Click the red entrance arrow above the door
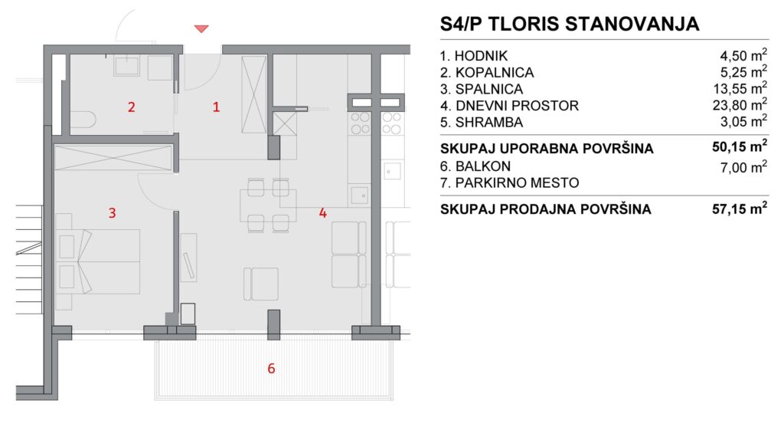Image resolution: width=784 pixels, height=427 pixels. (x=201, y=28)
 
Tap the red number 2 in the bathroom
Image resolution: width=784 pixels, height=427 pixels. (x=131, y=107)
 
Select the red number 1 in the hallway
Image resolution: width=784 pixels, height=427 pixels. (x=216, y=107)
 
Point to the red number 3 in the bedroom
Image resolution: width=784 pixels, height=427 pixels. (x=112, y=213)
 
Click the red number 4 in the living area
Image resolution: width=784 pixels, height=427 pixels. (x=322, y=213)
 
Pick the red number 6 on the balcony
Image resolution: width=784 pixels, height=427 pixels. (x=271, y=369)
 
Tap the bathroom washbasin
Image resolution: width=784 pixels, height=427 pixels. (x=126, y=66)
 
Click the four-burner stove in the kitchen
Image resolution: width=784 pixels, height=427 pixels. (x=360, y=123)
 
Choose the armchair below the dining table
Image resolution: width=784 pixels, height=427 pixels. (x=261, y=284)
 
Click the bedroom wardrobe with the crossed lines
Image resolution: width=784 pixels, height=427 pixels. (x=113, y=158)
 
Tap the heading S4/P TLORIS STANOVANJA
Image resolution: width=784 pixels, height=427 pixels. (x=570, y=24)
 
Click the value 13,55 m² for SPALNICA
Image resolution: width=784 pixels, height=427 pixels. (x=740, y=89)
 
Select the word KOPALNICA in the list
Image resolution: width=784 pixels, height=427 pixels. (x=495, y=73)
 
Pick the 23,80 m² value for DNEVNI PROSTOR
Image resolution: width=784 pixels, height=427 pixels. (x=740, y=105)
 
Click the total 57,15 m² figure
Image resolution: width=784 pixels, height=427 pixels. (x=740, y=209)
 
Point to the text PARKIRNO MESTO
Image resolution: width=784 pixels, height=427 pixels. (x=517, y=182)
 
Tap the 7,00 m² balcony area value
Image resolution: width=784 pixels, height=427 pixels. (x=744, y=166)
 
